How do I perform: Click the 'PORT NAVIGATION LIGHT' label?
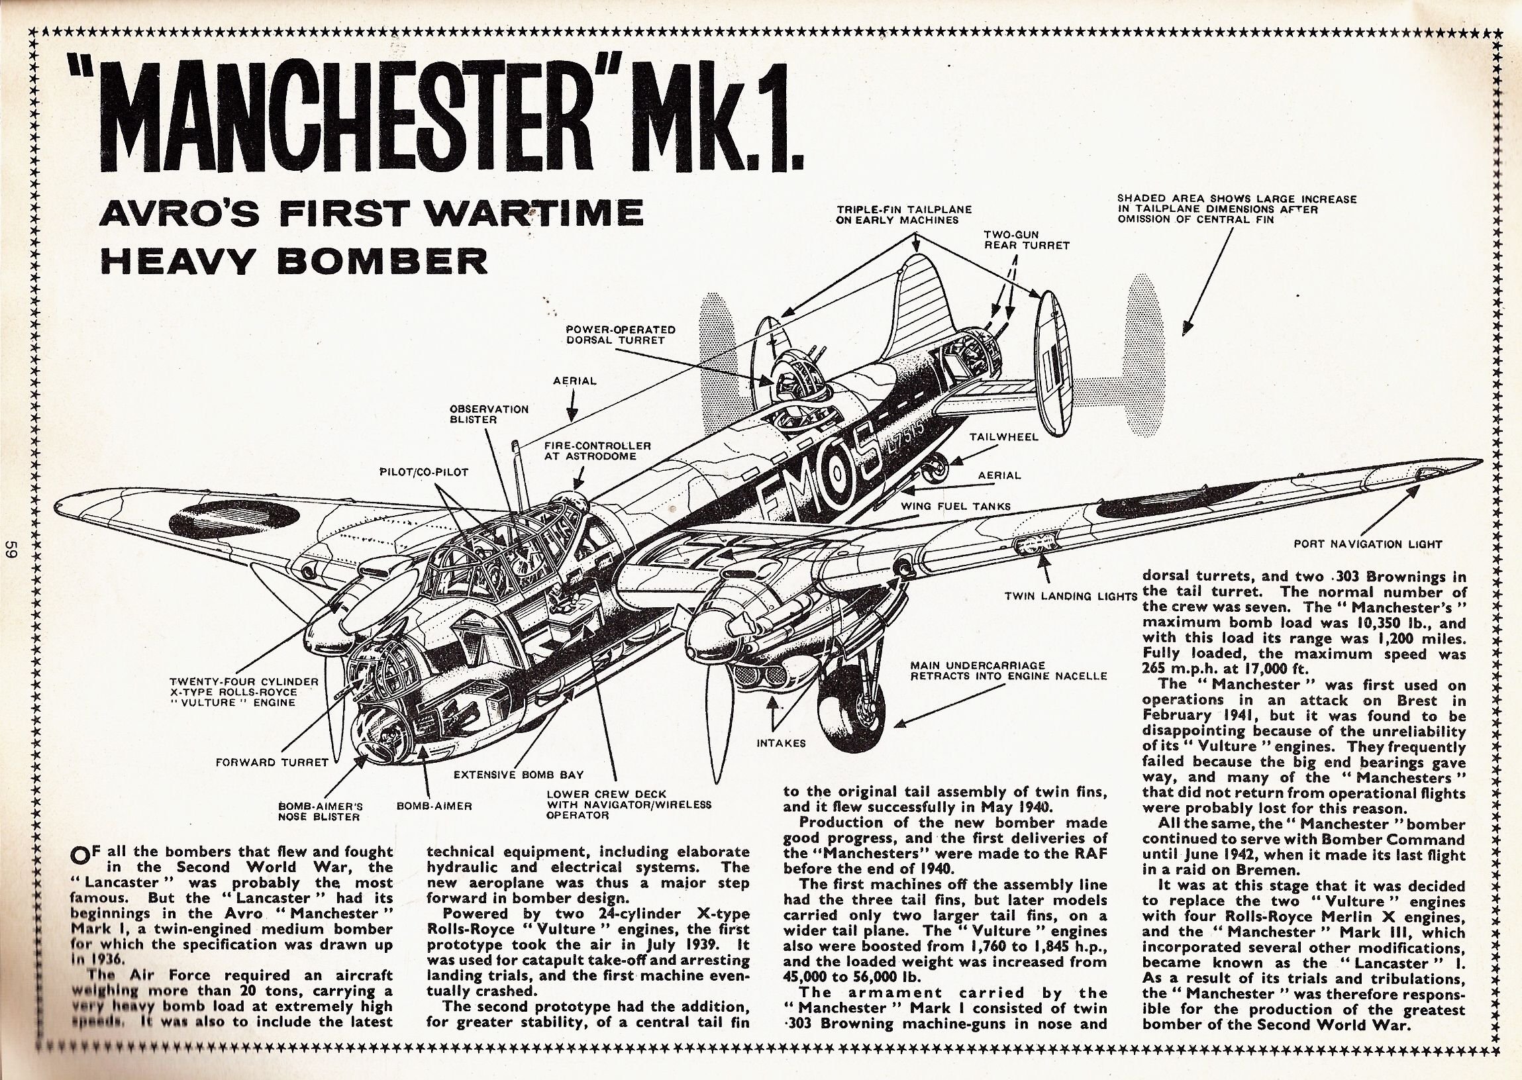(1368, 544)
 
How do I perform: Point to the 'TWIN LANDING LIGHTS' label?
(1070, 596)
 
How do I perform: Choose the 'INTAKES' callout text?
(781, 743)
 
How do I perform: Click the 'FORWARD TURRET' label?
(272, 762)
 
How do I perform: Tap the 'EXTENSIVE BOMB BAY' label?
(518, 774)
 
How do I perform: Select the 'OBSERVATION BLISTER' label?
(489, 415)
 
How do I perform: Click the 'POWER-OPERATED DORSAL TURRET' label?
(620, 334)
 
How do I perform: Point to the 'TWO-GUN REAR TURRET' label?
(1027, 240)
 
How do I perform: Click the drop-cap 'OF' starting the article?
(85, 854)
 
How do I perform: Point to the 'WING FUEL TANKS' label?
(955, 506)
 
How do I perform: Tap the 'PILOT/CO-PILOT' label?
(425, 472)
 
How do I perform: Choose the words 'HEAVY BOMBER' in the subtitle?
(293, 262)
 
